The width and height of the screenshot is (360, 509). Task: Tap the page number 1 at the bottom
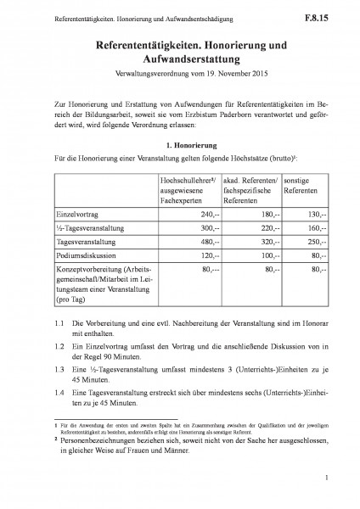pos(325,481)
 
